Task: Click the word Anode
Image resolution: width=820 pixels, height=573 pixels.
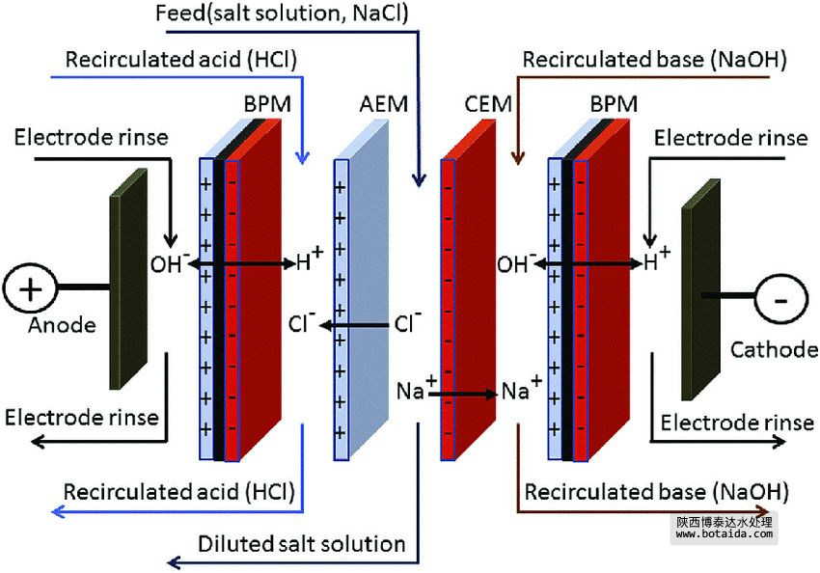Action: [63, 325]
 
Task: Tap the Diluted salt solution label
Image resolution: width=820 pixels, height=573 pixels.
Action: [301, 544]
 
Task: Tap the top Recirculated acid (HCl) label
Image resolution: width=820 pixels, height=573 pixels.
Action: [180, 60]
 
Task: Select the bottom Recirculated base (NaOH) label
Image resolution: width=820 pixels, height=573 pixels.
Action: [655, 491]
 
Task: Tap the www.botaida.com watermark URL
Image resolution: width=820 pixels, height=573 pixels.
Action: [724, 533]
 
